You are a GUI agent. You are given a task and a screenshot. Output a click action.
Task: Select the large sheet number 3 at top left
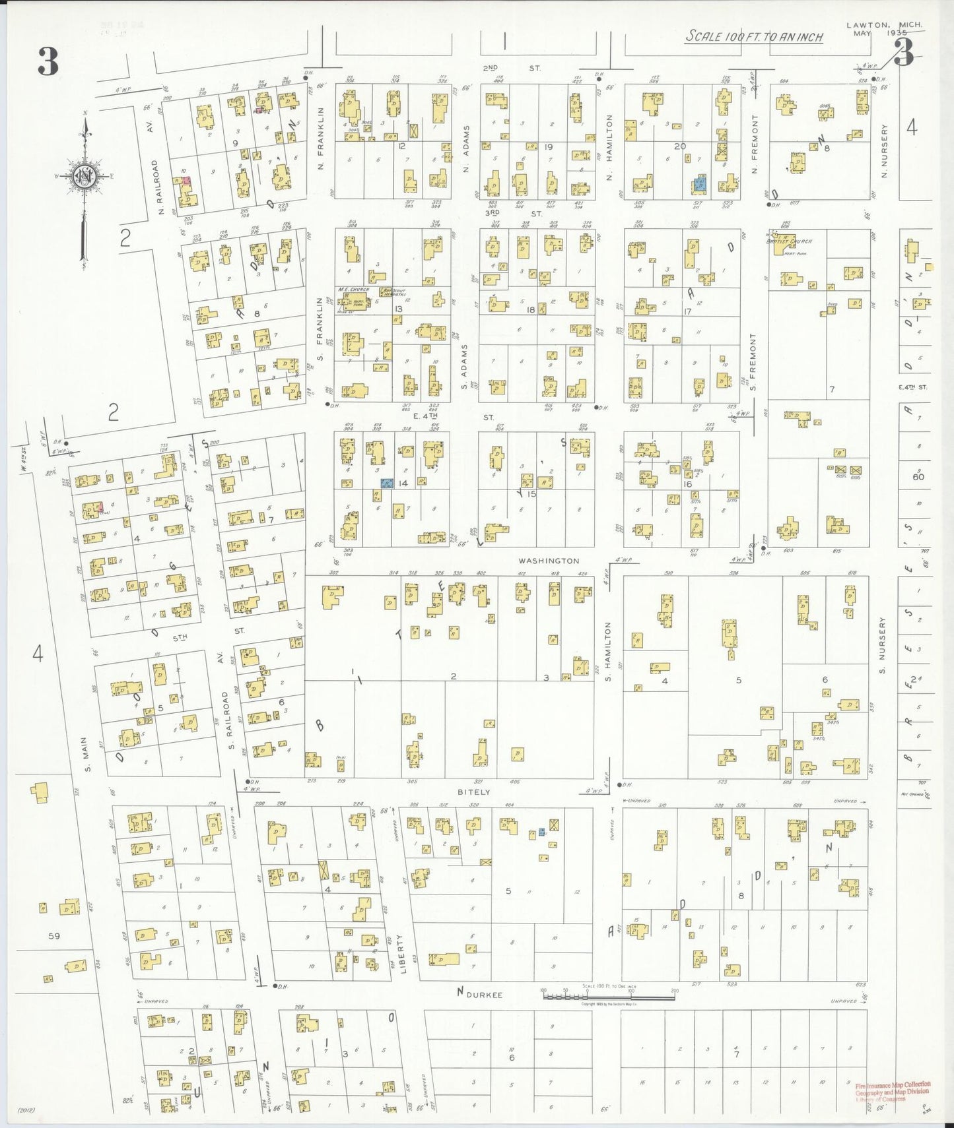click(x=48, y=63)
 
